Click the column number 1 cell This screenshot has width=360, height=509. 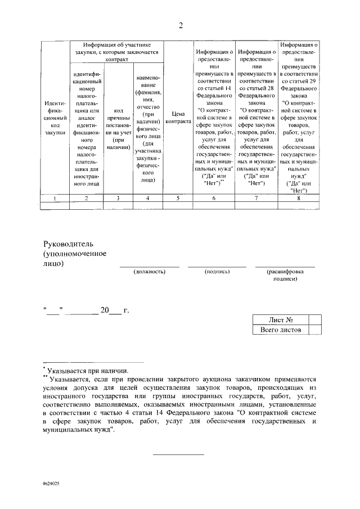pos(55,198)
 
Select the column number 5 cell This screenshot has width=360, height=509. pos(178,198)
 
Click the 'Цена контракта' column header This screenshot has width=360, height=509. pos(178,117)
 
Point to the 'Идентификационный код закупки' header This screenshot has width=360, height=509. pos(55,117)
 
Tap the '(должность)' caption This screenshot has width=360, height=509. pos(149,272)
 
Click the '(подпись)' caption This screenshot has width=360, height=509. pos(217,272)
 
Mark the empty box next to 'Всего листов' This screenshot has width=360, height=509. pos(316,330)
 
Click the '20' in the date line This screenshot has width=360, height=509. pos(104,310)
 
